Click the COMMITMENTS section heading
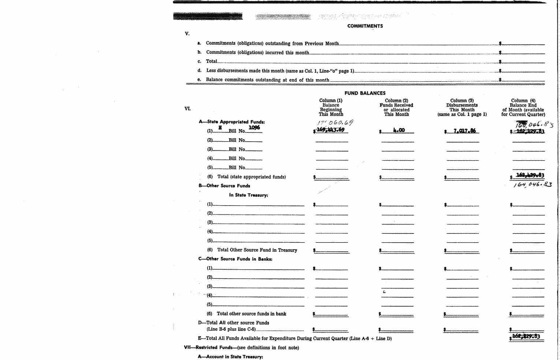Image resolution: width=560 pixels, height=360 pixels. [365, 26]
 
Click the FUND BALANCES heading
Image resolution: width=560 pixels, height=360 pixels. [365, 93]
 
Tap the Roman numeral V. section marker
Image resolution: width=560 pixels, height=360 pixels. [187, 34]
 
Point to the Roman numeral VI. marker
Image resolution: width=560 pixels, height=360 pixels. [187, 108]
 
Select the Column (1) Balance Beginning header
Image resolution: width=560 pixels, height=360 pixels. [331, 107]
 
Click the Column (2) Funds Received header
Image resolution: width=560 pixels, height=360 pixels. [396, 107]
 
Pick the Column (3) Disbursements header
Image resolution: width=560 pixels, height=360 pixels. [462, 107]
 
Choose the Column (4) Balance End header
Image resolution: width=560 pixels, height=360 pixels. [523, 107]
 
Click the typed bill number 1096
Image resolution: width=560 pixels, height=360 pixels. [254, 127]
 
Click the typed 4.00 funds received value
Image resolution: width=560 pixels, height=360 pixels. [399, 130]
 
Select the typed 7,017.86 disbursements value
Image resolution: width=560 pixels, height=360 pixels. [464, 131]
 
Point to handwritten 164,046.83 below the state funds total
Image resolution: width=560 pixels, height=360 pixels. [532, 185]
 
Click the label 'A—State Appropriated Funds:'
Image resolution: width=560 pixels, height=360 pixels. [232, 122]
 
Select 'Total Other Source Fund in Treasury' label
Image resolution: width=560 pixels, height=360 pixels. [257, 250]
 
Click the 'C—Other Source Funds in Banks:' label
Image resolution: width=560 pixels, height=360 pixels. [235, 259]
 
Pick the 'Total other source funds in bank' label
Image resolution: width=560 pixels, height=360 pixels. [251, 314]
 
